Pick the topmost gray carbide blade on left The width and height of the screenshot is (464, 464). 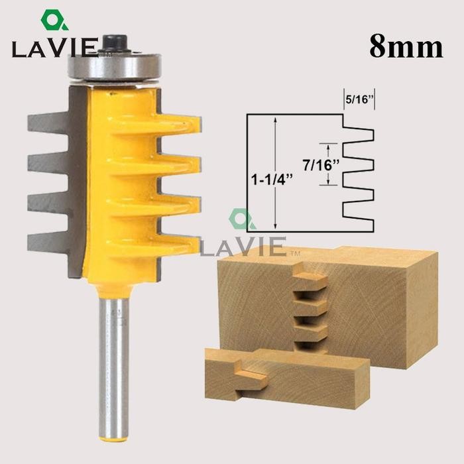(x=50, y=123)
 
